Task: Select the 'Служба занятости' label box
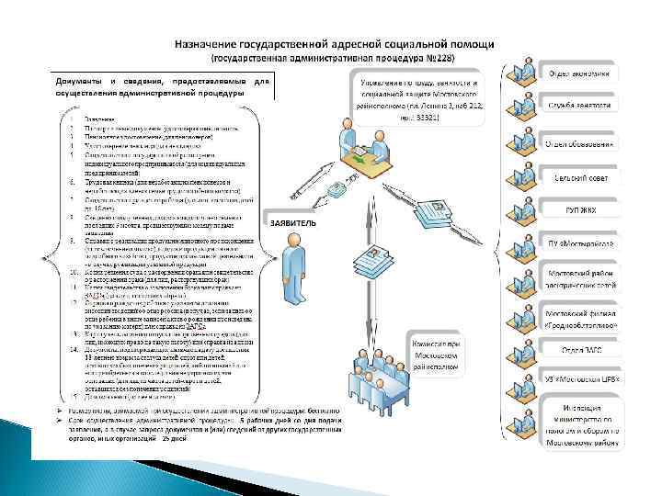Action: (x=580, y=107)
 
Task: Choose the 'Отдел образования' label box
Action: (x=581, y=143)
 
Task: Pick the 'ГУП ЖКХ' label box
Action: (x=580, y=210)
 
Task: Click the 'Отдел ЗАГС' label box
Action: (x=580, y=350)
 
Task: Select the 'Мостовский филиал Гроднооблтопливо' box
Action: (x=581, y=318)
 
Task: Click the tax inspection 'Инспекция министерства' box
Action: (x=581, y=422)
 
